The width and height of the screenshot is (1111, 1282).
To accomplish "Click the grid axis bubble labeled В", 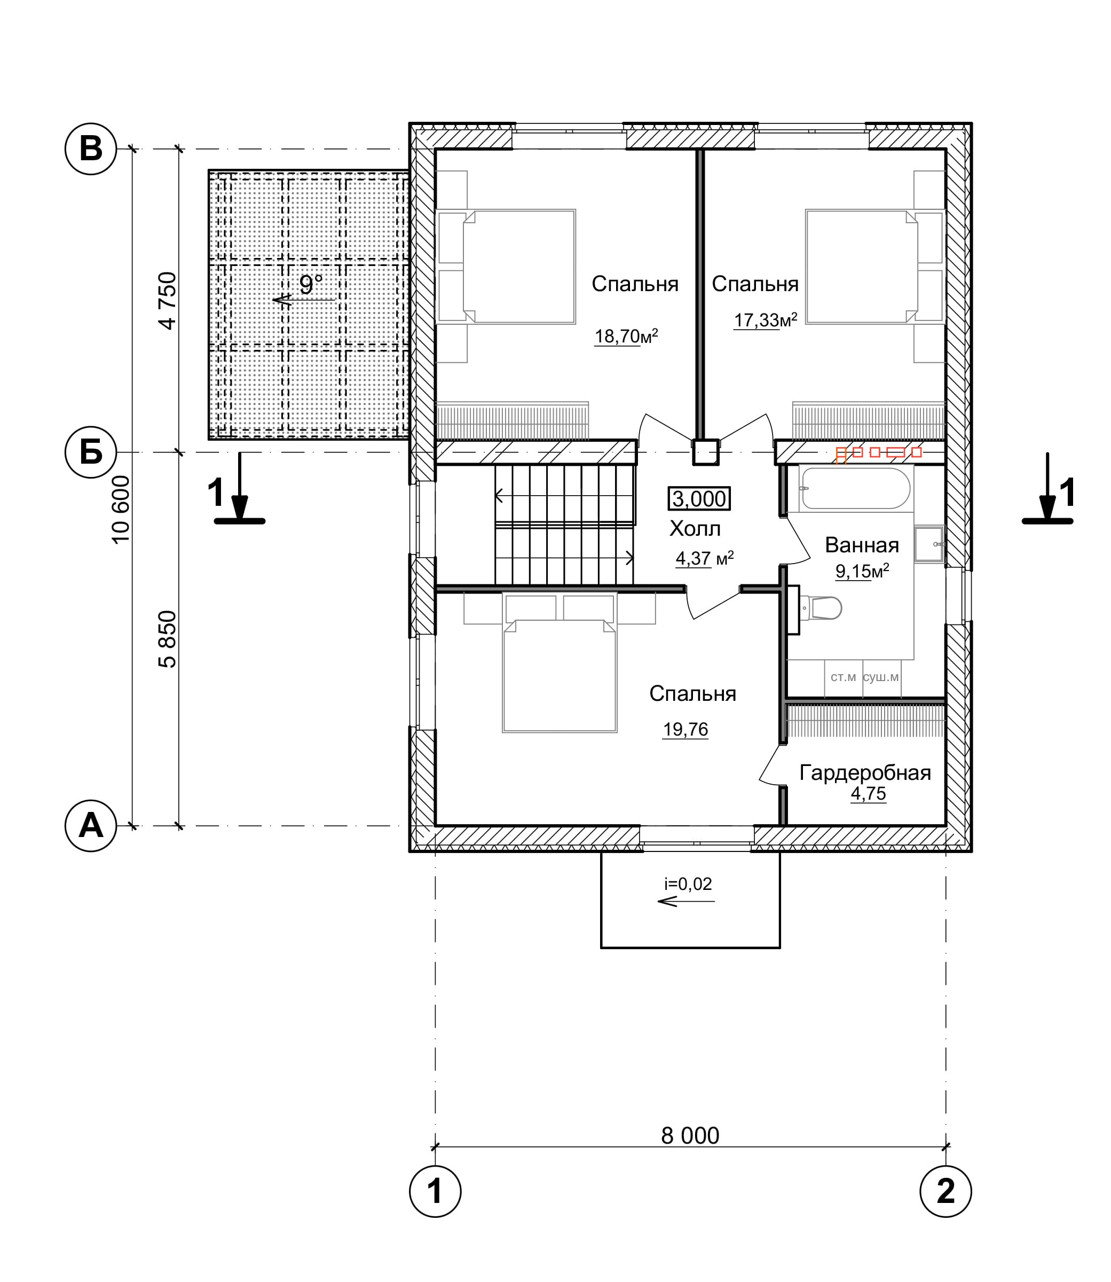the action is [x=91, y=150].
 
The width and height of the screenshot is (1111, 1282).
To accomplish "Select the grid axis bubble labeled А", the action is [x=91, y=825].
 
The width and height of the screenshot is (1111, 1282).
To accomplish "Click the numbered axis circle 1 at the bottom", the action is [x=435, y=1191].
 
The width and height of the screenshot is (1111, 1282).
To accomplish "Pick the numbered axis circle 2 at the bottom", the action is [x=945, y=1191].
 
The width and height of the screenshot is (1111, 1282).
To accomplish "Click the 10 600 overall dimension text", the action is [x=121, y=509].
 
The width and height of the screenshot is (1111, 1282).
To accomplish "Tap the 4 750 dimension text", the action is [x=168, y=301].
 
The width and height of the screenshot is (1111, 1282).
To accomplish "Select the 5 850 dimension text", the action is [x=168, y=639].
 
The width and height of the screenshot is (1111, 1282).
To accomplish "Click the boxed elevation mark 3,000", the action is [x=699, y=499].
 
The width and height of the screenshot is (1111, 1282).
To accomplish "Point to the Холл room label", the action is [x=695, y=529].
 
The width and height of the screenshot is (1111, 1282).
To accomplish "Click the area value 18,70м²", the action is [x=626, y=336].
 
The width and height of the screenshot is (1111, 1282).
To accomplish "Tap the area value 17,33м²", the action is [x=766, y=320].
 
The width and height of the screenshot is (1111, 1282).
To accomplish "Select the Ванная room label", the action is [x=862, y=545].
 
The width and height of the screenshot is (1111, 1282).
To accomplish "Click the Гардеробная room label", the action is [x=865, y=773].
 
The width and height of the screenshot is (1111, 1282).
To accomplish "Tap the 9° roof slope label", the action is [x=311, y=285].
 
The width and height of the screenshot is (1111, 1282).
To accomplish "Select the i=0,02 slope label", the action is [x=688, y=884].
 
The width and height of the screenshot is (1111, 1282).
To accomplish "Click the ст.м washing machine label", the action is [x=843, y=677].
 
